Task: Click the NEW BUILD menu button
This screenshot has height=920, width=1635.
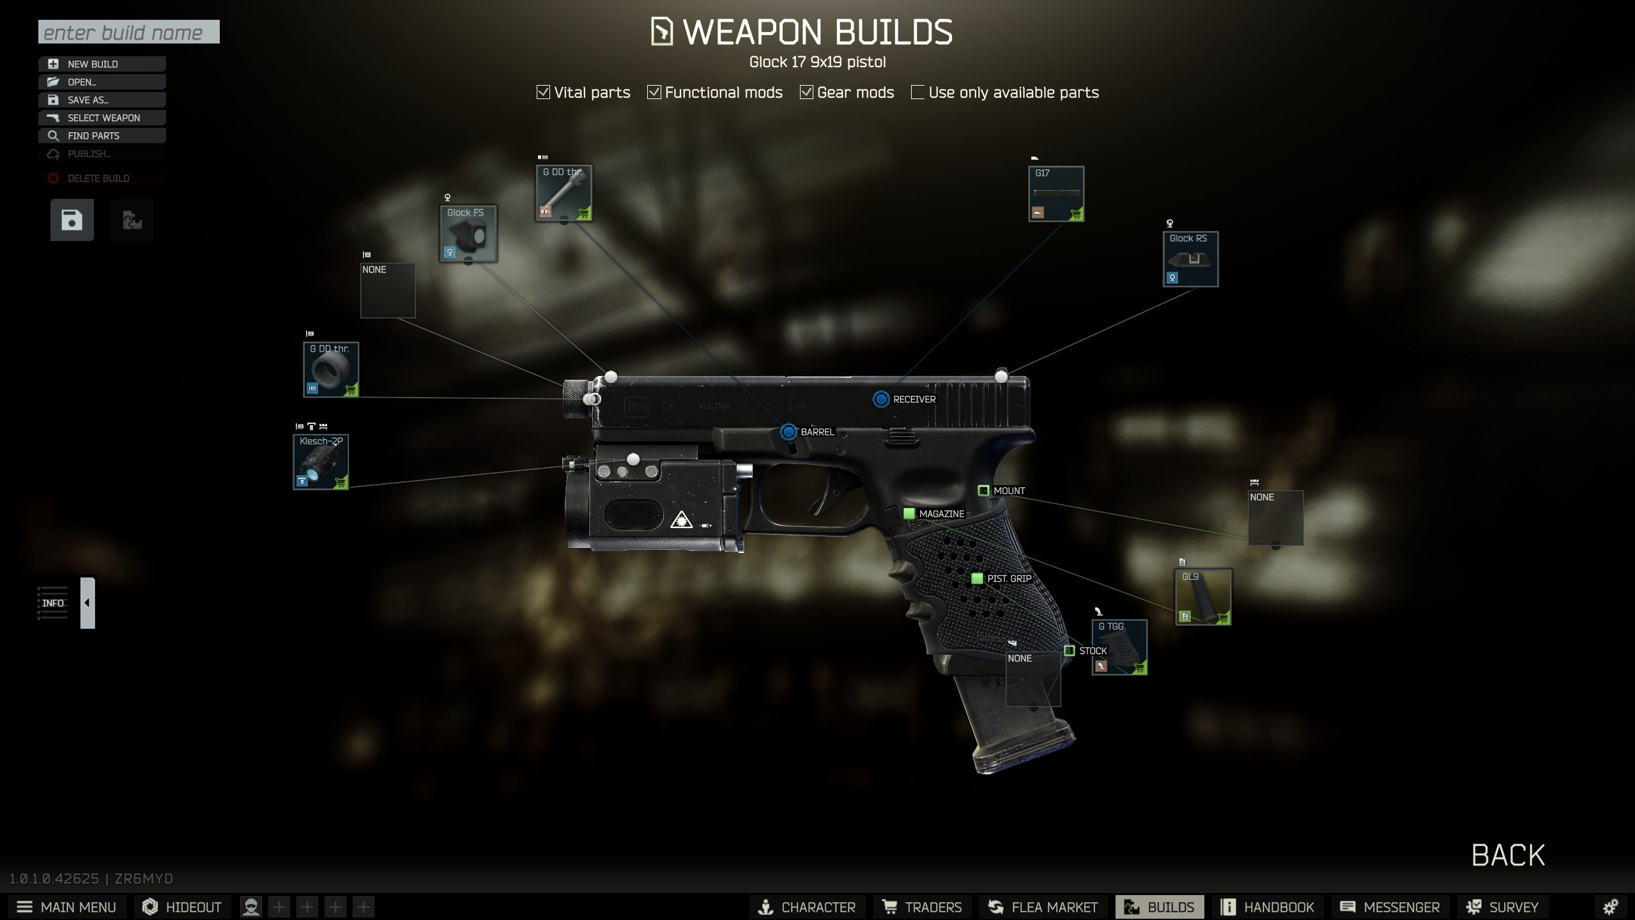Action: pos(102,64)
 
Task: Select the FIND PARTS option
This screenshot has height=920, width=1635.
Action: pos(102,136)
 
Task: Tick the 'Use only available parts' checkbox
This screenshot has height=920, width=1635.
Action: pos(917,93)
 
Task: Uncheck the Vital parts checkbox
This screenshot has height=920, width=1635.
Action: pos(543,93)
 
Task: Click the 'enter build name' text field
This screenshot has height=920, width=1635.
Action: pos(128,32)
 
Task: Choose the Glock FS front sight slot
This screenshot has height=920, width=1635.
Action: pos(468,233)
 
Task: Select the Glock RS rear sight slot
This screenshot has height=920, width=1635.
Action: pos(1190,259)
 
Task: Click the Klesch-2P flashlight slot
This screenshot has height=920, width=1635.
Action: pos(321,462)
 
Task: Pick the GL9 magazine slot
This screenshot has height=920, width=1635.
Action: pos(1203,597)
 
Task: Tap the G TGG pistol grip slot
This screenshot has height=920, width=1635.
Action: pos(1119,646)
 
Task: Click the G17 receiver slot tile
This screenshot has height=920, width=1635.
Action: pos(1055,194)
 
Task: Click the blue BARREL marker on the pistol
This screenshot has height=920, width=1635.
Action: pos(788,432)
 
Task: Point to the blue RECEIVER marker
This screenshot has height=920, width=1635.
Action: pos(881,400)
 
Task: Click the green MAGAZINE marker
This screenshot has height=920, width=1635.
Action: pos(909,513)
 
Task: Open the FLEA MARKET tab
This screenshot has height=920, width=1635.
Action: pos(1043,907)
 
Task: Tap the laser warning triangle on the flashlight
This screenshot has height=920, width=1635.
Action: pos(681,520)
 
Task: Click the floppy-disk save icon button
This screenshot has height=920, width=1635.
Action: pos(72,220)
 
